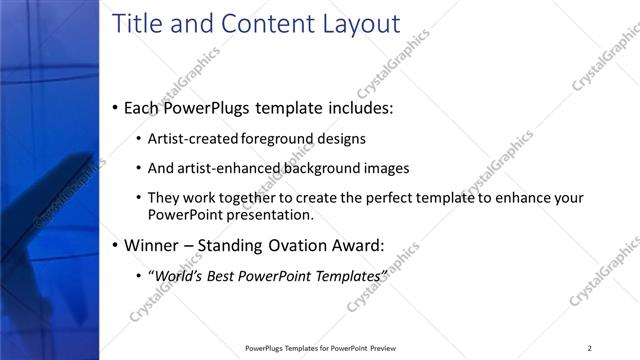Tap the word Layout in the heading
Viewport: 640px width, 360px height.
355,24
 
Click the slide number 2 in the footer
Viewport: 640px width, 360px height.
589,347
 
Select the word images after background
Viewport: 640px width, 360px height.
386,168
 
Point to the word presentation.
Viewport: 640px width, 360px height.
273,214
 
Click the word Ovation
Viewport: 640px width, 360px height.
294,244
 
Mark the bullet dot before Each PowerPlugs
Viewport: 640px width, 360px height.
116,107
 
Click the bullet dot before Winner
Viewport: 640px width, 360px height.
116,244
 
